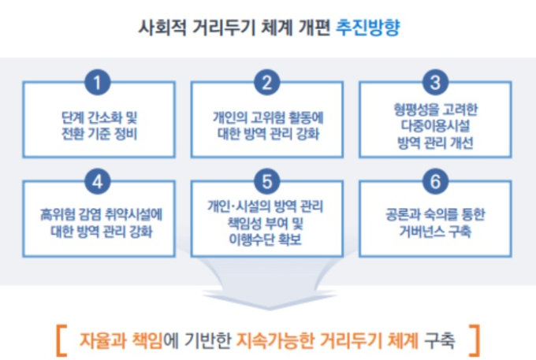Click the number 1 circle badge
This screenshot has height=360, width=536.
tap(98, 82)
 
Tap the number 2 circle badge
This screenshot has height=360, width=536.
tap(267, 82)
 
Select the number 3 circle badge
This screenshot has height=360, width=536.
tap(435, 82)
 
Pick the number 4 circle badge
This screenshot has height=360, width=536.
tap(98, 181)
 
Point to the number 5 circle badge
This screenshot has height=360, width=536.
tap(267, 181)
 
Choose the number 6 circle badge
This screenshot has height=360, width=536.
tap(435, 181)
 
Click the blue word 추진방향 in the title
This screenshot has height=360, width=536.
tap(367, 28)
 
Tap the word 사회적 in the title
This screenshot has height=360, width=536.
tap(162, 28)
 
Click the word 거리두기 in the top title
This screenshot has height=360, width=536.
tap(224, 28)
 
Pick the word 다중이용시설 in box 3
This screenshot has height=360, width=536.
tap(435, 126)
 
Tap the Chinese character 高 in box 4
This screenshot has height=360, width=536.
tap(46, 215)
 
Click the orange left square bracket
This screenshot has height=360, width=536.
tap(61, 340)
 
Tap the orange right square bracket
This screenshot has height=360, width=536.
tap(475, 340)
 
